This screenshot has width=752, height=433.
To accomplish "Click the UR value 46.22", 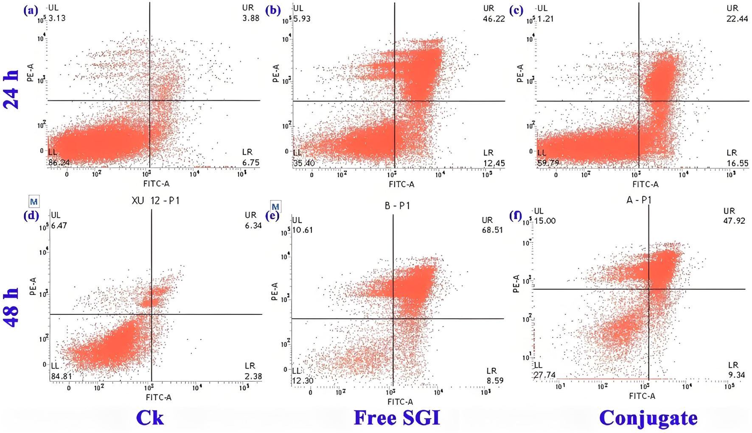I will pyautogui.click(x=494, y=19).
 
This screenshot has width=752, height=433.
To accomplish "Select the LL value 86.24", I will pyautogui.click(x=59, y=163).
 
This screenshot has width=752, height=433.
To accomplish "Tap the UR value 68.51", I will pyautogui.click(x=492, y=230).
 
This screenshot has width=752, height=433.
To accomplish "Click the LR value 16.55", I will pyautogui.click(x=737, y=163).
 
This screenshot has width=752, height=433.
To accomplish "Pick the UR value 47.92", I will pyautogui.click(x=734, y=221).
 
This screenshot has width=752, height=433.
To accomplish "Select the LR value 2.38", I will pyautogui.click(x=253, y=376).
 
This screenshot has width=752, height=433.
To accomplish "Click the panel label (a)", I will pyautogui.click(x=31, y=10).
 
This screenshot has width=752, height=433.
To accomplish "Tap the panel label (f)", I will pyautogui.click(x=516, y=215).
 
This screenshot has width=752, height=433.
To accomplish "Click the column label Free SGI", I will pyautogui.click(x=397, y=418).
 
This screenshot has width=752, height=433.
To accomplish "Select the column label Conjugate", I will pyautogui.click(x=648, y=418).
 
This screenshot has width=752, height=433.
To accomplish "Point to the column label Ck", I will pyautogui.click(x=150, y=418).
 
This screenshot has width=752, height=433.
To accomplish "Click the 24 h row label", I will pyautogui.click(x=11, y=89).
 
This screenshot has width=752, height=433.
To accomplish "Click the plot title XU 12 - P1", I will pyautogui.click(x=156, y=200).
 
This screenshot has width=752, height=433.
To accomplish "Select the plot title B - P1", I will pyautogui.click(x=397, y=206).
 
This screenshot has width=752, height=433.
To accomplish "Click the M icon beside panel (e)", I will pyautogui.click(x=275, y=207).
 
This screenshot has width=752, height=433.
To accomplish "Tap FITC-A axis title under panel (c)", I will pyautogui.click(x=645, y=184).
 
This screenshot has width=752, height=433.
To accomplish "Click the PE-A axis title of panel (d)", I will pyautogui.click(x=34, y=287).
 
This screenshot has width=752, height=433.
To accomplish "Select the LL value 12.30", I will pyautogui.click(x=303, y=380).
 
